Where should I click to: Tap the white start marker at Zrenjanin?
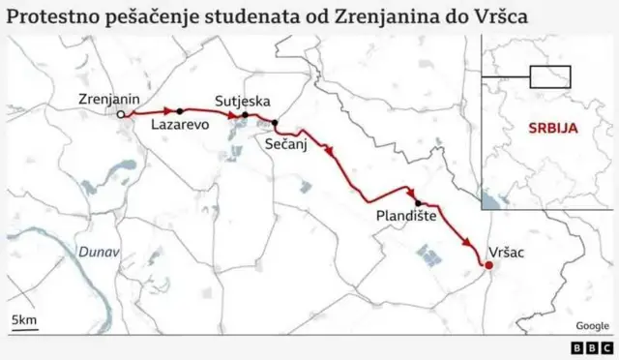point(121,114)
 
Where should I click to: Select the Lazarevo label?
point(181,126)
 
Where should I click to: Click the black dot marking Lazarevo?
point(180,111)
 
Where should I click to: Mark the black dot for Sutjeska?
point(245,115)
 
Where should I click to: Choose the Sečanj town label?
point(287,142)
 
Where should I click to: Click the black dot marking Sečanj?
point(276,124)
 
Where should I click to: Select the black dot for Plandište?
point(418,203)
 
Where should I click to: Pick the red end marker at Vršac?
point(488,265)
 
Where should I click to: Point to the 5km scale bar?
point(23,322)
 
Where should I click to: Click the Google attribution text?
point(592,326)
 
